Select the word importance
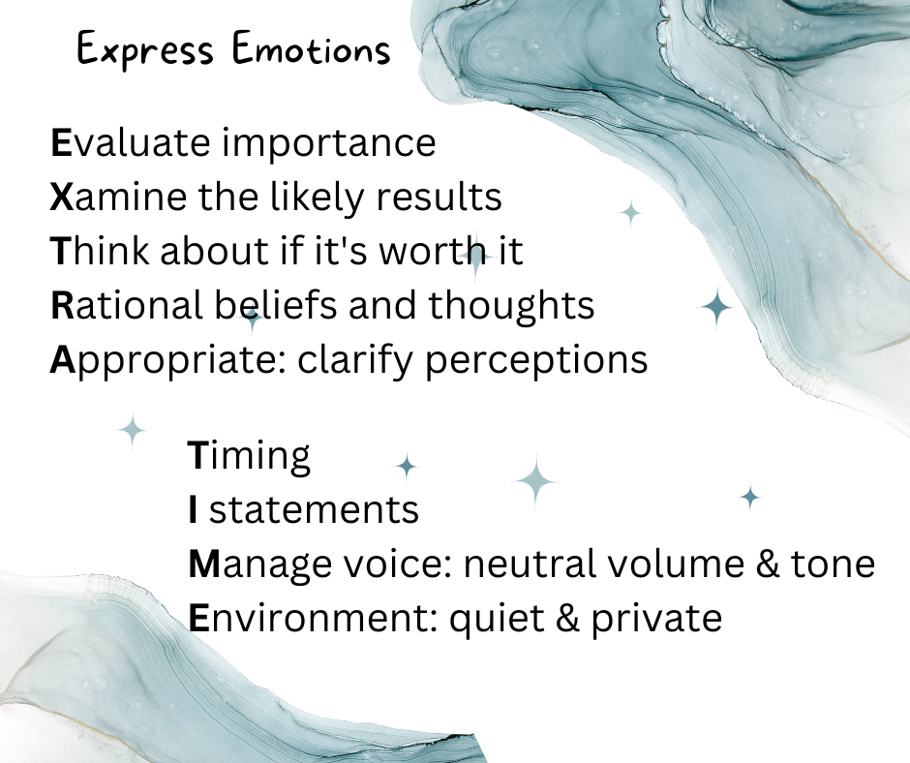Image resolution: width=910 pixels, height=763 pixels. pos(330,143)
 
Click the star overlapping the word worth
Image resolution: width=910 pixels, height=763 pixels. pos(474,255)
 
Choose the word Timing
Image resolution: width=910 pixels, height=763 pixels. pos(249,456)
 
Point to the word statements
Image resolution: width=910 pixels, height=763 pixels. pos(315,509)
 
